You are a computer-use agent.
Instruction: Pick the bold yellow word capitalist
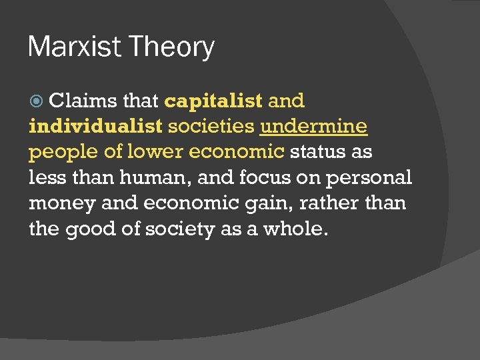tap(213, 101)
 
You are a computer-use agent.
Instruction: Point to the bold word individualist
tap(95, 126)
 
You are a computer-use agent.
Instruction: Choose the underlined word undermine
tap(313, 126)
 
